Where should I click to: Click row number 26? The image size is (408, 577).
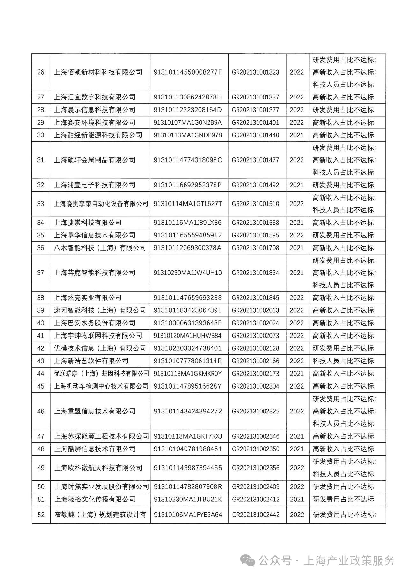point(40,72)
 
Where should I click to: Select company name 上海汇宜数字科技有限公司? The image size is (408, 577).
point(94,97)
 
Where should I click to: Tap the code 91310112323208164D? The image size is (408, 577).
point(187,110)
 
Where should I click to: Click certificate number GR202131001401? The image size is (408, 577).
point(255,122)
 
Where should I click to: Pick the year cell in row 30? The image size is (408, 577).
point(297,135)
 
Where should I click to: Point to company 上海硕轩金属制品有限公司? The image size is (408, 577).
point(94,160)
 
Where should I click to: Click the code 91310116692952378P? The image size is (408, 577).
point(187,185)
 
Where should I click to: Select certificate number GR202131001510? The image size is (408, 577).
point(255,204)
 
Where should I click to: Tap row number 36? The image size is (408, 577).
point(40,248)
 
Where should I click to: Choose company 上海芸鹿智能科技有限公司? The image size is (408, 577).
point(94,273)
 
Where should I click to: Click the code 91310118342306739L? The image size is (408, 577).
point(187,310)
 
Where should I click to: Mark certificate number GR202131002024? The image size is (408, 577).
point(255,323)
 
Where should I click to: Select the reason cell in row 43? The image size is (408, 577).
point(343,361)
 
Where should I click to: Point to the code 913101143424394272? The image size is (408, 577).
point(187,411)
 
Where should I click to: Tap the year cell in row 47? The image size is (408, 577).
point(297,436)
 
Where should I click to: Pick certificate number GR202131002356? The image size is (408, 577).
point(255,468)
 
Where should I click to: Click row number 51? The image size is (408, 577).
point(40,499)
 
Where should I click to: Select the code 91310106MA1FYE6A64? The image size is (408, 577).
point(187,515)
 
